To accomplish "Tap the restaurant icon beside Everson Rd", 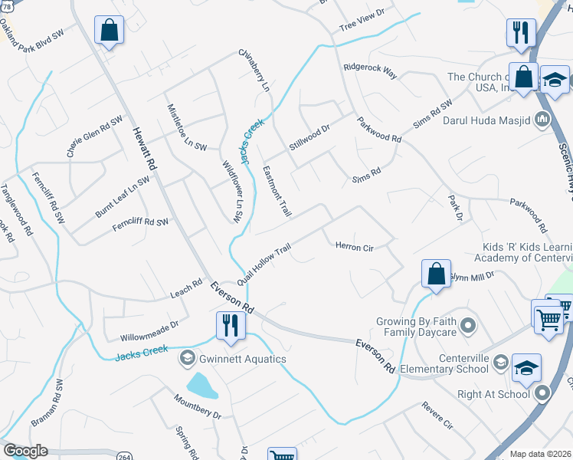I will tap(230, 324).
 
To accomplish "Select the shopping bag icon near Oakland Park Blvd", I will tap(110, 31).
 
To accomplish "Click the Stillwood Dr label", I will tap(309, 137).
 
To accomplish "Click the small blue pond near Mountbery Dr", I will tap(201, 386).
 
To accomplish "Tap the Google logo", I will tap(25, 451).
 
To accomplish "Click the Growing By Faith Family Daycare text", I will tap(416, 327).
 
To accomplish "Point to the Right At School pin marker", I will tap(542, 394).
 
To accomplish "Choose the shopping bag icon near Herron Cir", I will tap(436, 274).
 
